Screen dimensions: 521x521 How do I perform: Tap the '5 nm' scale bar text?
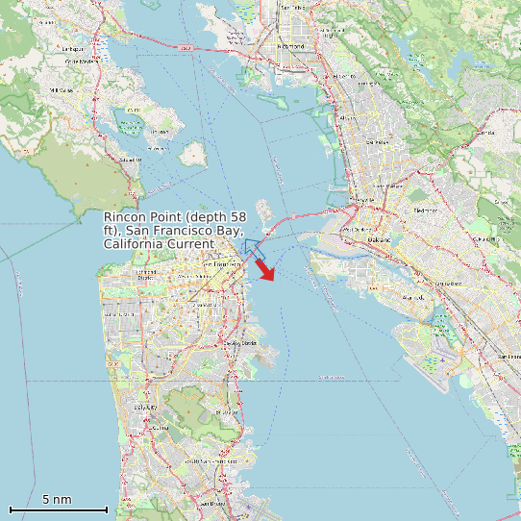click(x=57, y=500)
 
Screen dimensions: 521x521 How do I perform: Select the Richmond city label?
click(x=292, y=45)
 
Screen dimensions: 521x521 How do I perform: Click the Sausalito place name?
click(x=122, y=160)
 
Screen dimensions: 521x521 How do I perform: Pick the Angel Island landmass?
click(x=195, y=152)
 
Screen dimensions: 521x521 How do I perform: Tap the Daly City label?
click(x=146, y=408)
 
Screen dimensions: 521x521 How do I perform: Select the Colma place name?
click(x=159, y=427)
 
